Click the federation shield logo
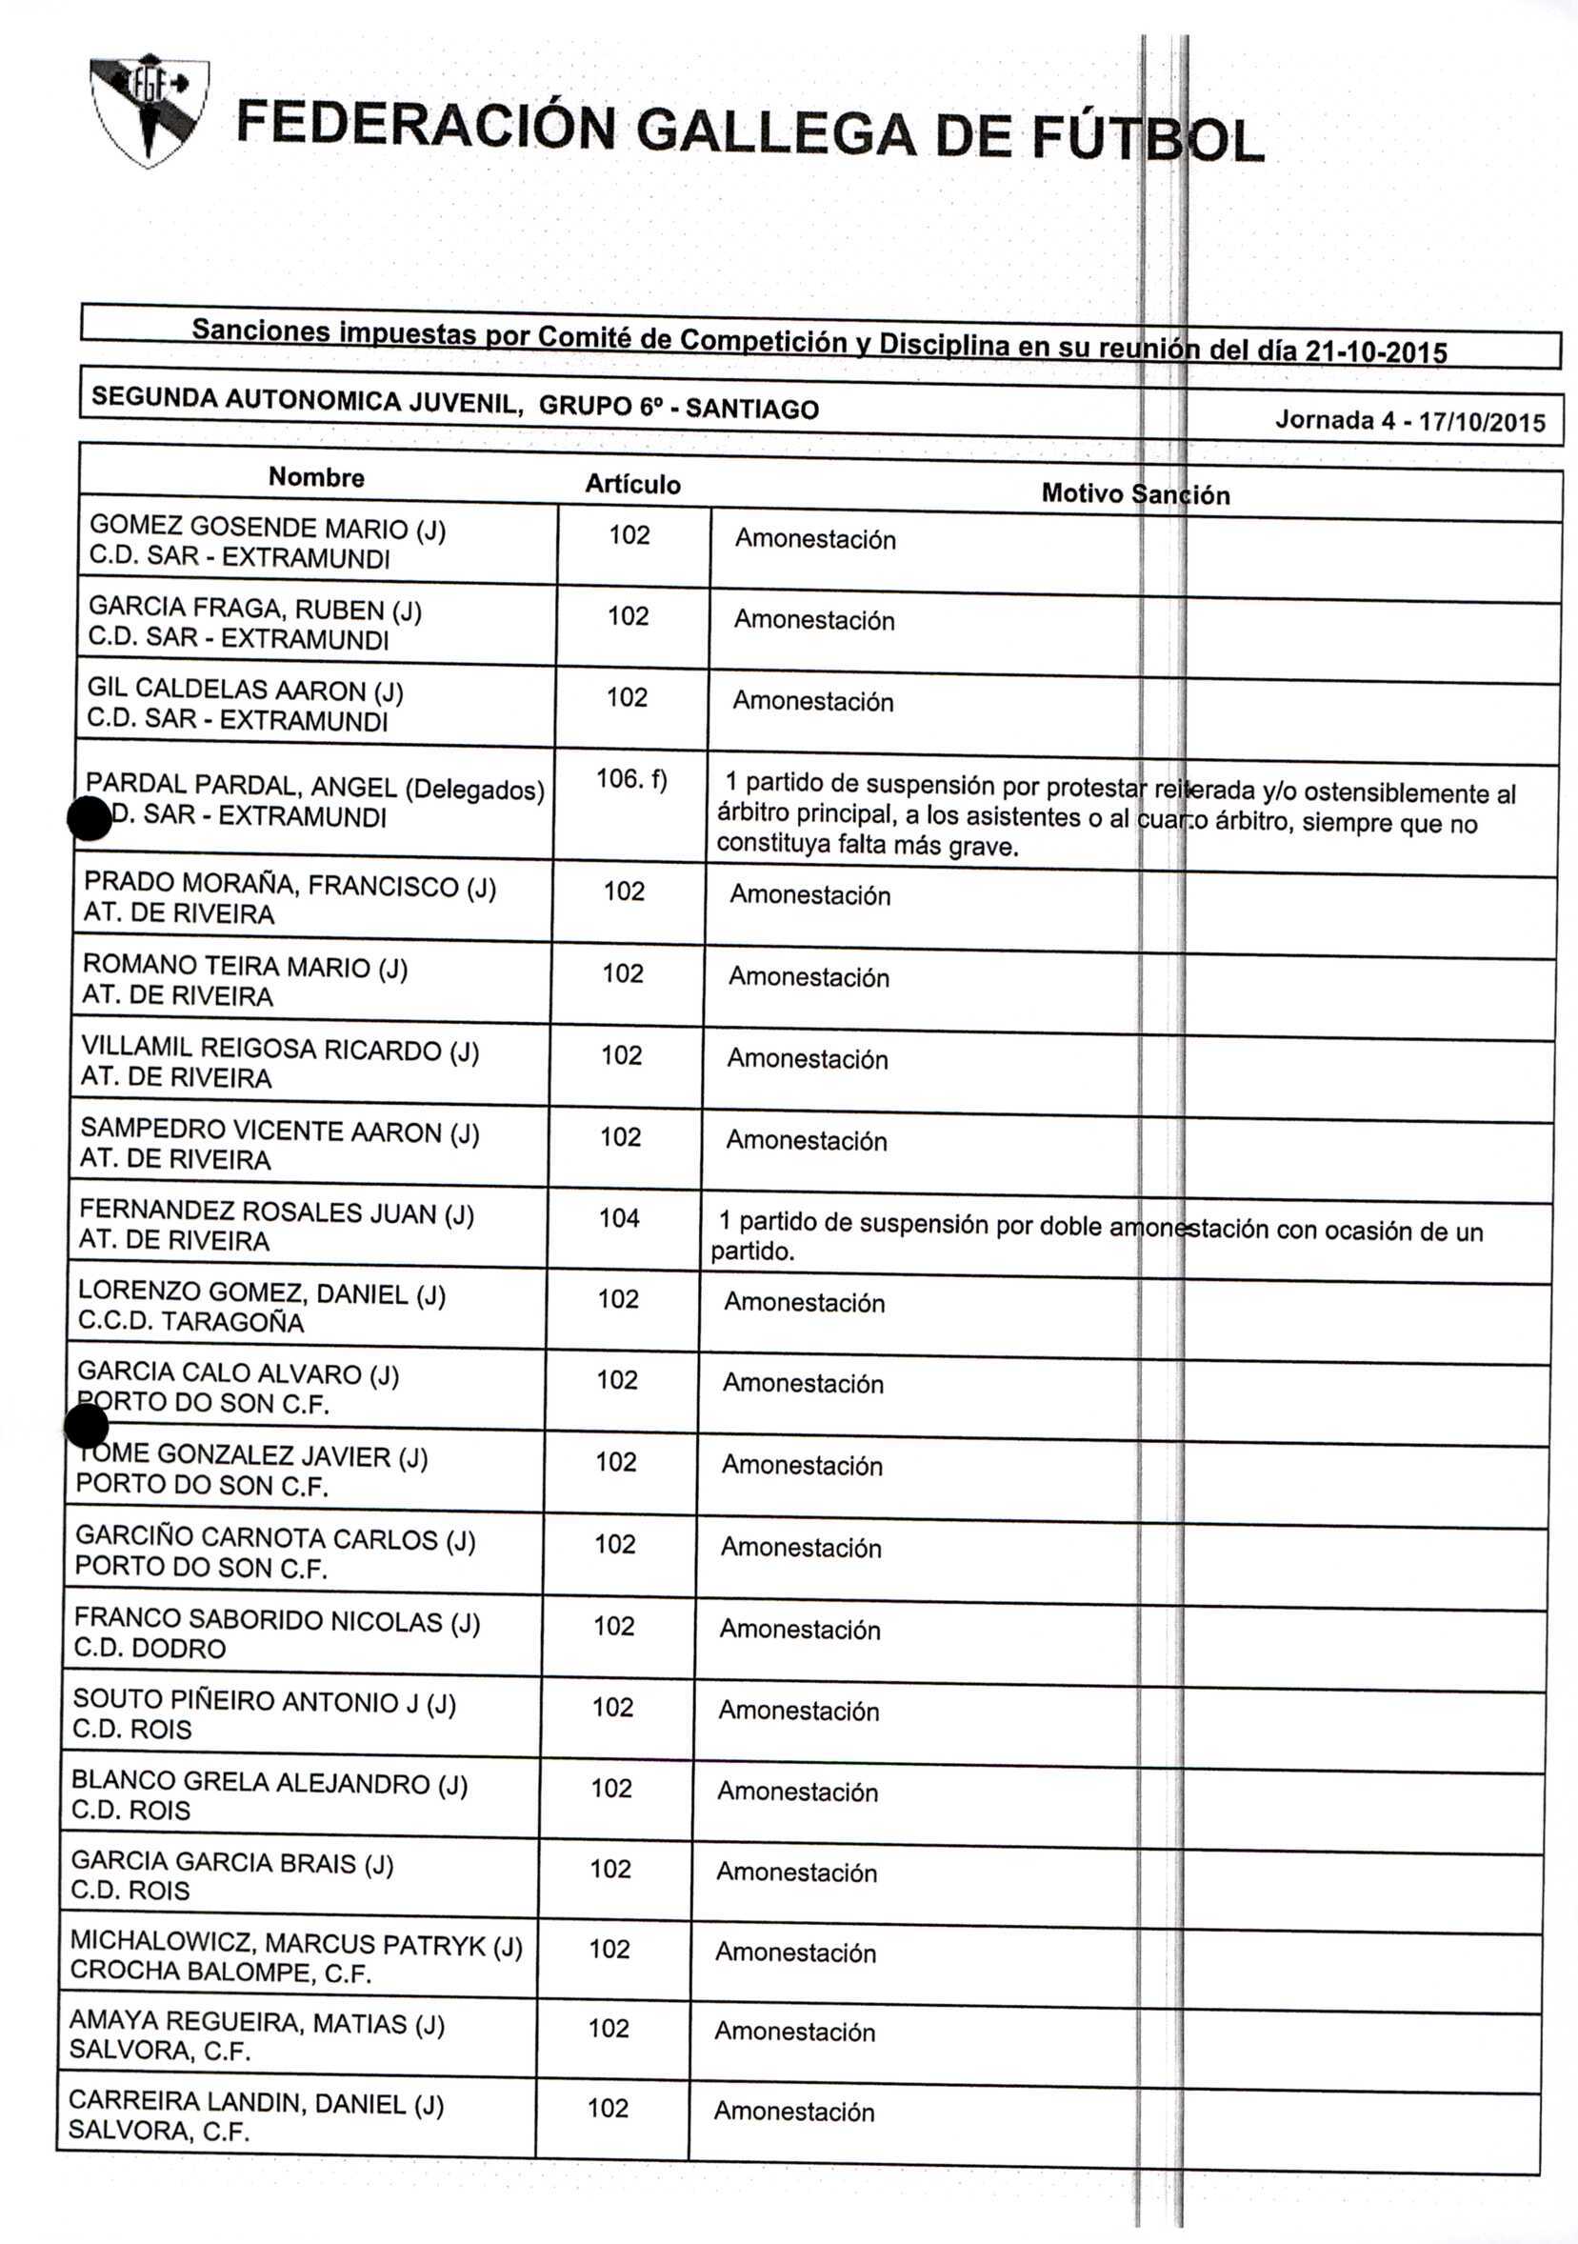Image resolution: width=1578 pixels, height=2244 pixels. [x=148, y=110]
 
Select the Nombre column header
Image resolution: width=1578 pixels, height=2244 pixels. [x=316, y=477]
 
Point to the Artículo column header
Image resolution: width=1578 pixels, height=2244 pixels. [x=632, y=484]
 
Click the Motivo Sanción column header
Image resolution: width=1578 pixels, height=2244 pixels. [x=1134, y=493]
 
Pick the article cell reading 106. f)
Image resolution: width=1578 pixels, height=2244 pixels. [x=631, y=780]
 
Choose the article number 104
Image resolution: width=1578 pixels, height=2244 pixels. [x=618, y=1218]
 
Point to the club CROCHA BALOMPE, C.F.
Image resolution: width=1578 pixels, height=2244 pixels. [x=220, y=1973]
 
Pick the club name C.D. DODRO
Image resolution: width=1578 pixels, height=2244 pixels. [x=150, y=1648]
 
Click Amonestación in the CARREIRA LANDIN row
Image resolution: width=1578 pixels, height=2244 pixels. [x=793, y=2111]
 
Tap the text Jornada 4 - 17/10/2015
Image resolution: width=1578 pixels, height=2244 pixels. [x=1410, y=421]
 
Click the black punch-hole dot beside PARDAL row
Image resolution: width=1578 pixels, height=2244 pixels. [x=90, y=818]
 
